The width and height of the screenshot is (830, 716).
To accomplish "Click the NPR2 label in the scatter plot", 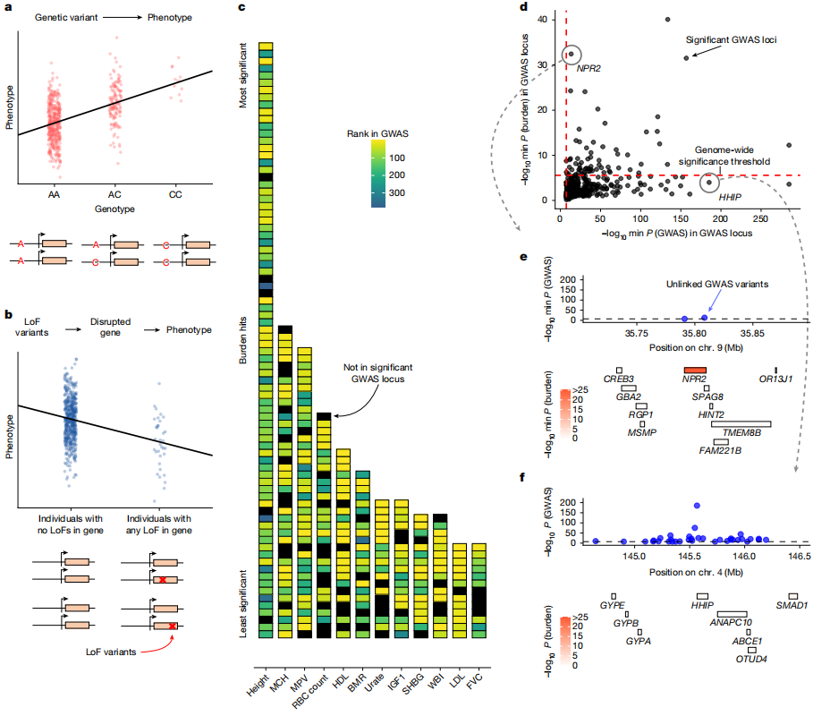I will [x=589, y=68].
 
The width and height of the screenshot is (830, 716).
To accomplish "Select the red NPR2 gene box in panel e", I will [x=695, y=369].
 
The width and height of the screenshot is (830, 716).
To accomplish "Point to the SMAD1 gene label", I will [x=792, y=606].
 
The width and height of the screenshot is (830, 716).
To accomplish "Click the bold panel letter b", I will [x=8, y=315].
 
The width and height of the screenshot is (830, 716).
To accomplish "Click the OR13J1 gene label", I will [x=775, y=379].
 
